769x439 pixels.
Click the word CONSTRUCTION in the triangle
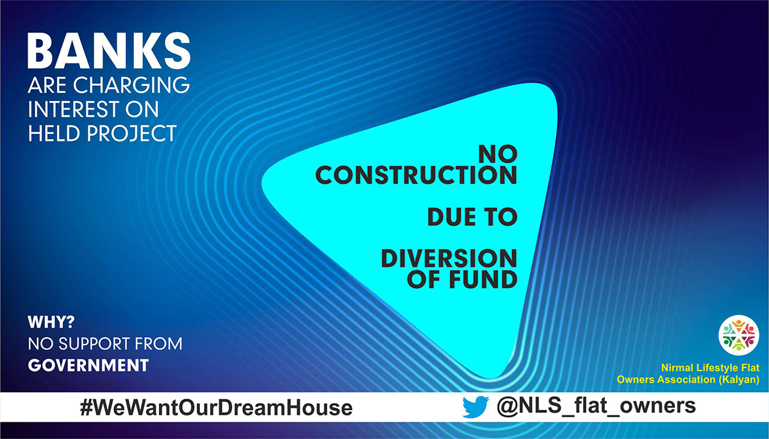(416, 175)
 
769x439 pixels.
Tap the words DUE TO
(472, 218)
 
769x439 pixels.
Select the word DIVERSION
(449, 259)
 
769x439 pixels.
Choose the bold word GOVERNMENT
(88, 365)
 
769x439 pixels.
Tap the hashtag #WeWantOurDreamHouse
(216, 408)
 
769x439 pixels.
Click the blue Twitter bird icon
(475, 407)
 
